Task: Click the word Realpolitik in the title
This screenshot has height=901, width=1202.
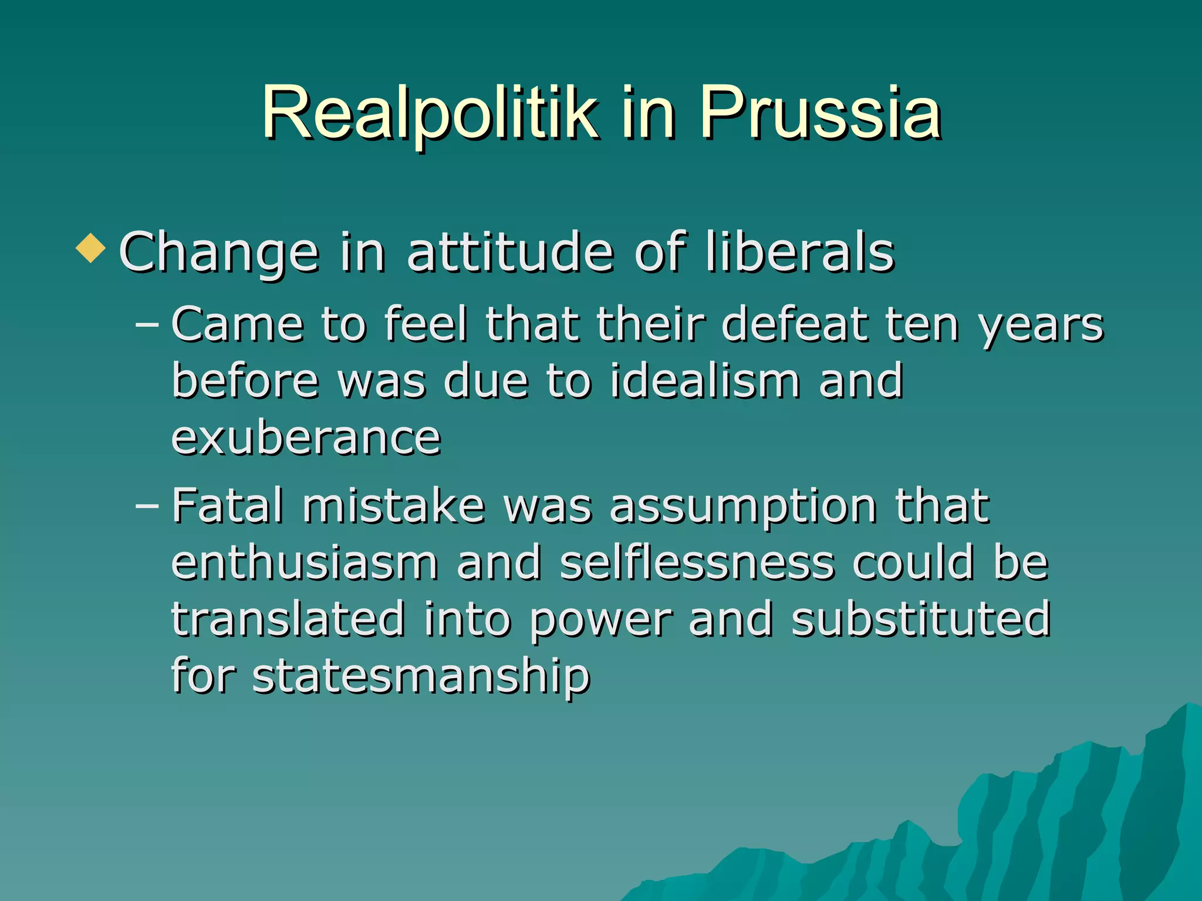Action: (x=430, y=113)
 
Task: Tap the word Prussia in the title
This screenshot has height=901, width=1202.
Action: (x=819, y=113)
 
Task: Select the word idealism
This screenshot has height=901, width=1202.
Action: (x=705, y=381)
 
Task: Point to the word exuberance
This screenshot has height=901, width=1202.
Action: (x=306, y=438)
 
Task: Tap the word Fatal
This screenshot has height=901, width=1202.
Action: (x=228, y=506)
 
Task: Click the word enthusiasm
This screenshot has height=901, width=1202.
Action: (x=305, y=563)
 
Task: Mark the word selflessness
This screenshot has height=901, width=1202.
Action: (x=697, y=563)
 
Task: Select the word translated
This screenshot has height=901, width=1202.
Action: (x=288, y=619)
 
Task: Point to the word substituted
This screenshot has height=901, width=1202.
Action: (x=920, y=619)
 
